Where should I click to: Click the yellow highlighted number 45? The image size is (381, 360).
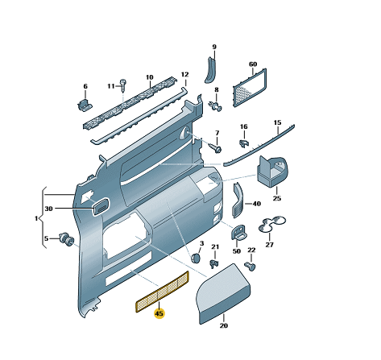tap(159, 313)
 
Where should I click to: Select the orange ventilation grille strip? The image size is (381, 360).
tap(162, 292)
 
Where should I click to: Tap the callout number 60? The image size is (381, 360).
tap(253, 64)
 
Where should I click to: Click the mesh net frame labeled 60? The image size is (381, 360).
tap(250, 88)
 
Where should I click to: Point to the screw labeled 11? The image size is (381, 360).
tap(123, 85)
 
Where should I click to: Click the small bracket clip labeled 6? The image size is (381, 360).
tap(85, 105)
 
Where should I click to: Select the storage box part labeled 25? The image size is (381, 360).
tap(271, 172)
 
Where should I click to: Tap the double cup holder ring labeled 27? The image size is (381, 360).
tap(271, 224)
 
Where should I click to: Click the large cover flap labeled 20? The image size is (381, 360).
tap(224, 295)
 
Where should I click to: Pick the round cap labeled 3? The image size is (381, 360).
tap(195, 258)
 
